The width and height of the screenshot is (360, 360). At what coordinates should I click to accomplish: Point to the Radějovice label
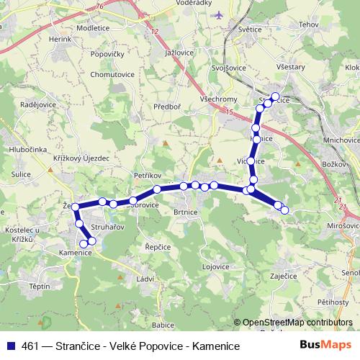(x=39, y=103)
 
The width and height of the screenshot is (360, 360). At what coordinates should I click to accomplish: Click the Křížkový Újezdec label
(x=81, y=158)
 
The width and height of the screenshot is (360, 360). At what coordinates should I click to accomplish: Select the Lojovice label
(x=215, y=266)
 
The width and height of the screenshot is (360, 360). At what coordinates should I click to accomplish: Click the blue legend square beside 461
(x=10, y=346)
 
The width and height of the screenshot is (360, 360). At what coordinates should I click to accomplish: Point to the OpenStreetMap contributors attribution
(x=297, y=323)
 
